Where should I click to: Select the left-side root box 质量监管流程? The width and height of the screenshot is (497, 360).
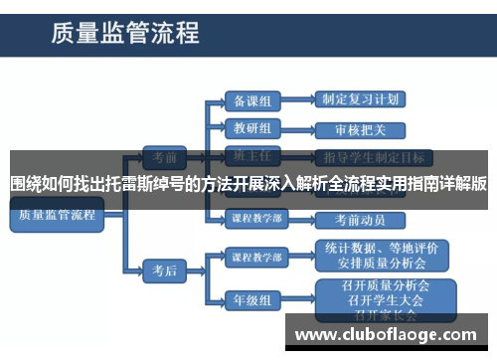[x=56, y=215]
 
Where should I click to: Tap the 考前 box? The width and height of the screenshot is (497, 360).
[x=158, y=156]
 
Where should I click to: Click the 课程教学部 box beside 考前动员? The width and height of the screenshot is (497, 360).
[x=256, y=218]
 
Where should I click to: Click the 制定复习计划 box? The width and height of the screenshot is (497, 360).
[x=361, y=100]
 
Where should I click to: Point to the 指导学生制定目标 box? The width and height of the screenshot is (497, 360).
[x=374, y=156]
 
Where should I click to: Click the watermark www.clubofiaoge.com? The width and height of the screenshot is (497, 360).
[x=388, y=334]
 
